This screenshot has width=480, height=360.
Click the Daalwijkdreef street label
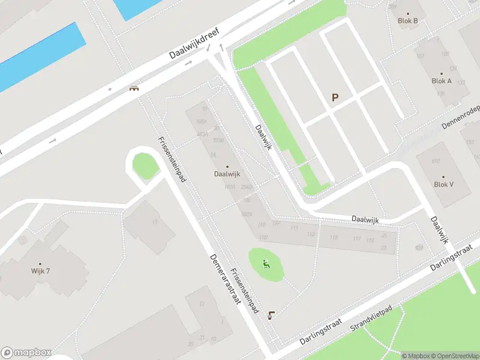[x=193, y=44]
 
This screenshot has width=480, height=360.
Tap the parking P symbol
[x=335, y=97]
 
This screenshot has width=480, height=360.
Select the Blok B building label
[x=408, y=20]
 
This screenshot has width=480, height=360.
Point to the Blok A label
[x=442, y=81]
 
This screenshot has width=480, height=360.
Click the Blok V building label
[x=443, y=184]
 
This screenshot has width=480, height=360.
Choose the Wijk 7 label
[x=40, y=271]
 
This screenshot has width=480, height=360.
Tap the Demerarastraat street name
[x=225, y=279]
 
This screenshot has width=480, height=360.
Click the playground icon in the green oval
[x=266, y=263]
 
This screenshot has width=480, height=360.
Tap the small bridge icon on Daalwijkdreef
[x=134, y=88]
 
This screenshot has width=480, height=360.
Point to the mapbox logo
[x=26, y=353]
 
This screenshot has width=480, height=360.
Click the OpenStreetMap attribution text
[x=454, y=356]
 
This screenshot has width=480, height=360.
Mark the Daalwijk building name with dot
[x=227, y=174]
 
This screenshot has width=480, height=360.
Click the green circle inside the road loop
[x=145, y=165]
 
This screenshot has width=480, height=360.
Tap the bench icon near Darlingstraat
[x=273, y=315]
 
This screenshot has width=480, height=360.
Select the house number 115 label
[x=334, y=238]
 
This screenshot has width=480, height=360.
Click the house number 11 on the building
[x=155, y=222]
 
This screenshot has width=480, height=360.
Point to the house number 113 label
[x=311, y=235]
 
